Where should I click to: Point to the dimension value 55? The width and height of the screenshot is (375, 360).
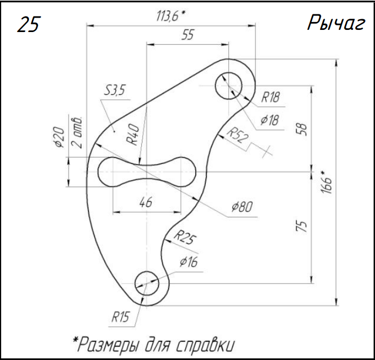187,35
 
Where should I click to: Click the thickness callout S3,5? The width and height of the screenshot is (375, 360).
114,91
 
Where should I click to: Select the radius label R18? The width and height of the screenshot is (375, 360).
270,97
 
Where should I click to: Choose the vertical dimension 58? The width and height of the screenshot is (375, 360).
303,130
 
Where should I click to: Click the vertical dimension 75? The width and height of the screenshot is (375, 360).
302,227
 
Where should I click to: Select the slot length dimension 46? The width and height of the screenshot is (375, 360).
146,202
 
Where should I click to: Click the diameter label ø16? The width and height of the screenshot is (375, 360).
189,262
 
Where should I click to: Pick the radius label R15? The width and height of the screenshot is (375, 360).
121,317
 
